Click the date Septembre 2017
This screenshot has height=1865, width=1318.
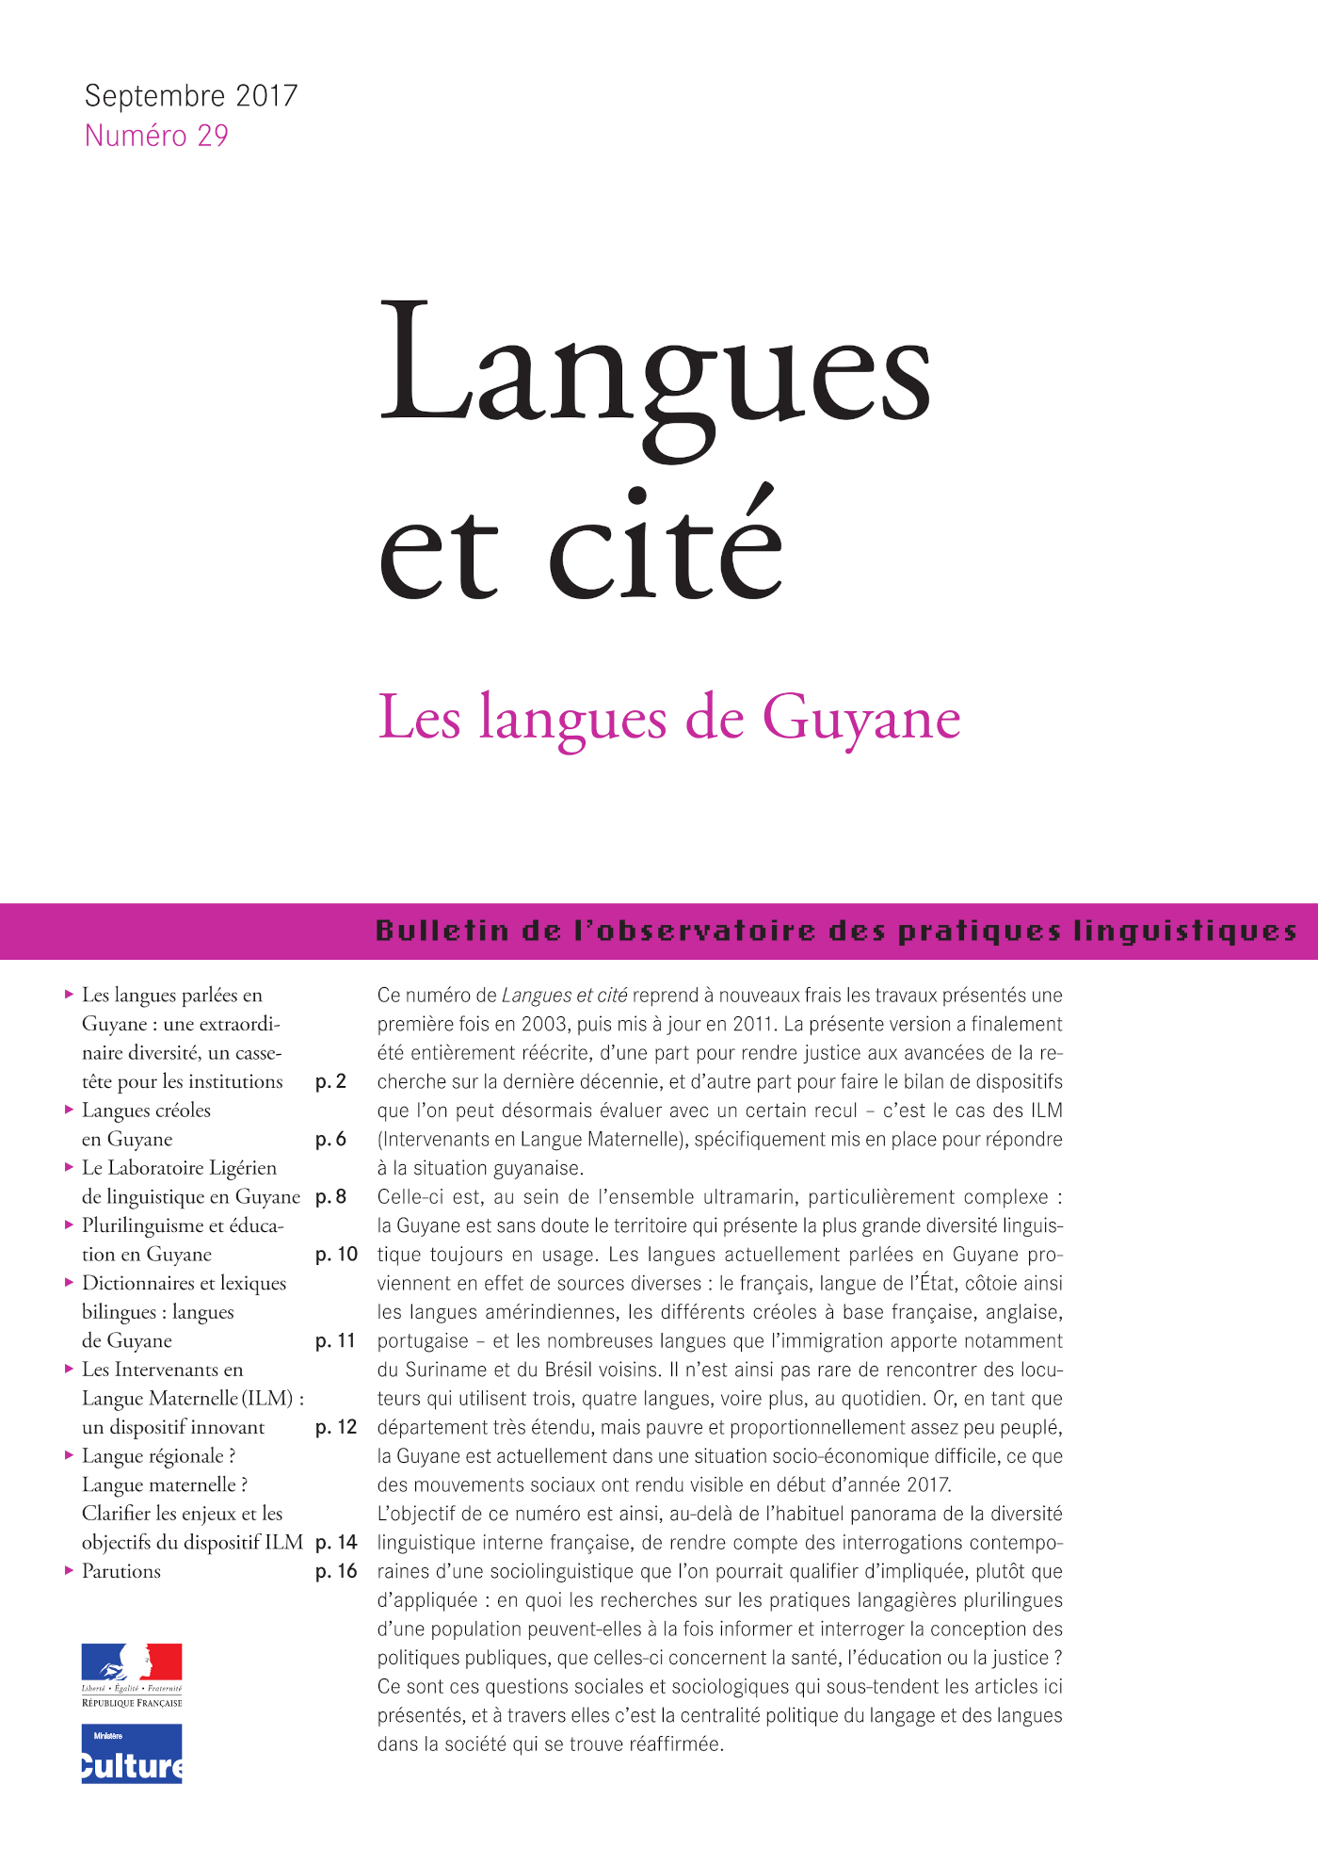point(191,96)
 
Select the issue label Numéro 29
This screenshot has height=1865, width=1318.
point(156,137)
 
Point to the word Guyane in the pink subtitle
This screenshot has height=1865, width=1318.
point(861,719)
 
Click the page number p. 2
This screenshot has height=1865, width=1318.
point(331,1081)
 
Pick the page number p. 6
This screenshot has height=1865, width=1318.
point(331,1139)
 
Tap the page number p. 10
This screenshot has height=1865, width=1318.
point(336,1255)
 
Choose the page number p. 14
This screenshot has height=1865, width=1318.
point(336,1543)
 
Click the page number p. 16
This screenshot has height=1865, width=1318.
point(336,1571)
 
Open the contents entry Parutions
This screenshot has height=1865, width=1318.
point(121,1571)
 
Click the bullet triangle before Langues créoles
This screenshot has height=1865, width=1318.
point(70,1110)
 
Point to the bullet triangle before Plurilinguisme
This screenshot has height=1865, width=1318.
point(70,1225)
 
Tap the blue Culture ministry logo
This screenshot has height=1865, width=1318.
point(132,1754)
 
